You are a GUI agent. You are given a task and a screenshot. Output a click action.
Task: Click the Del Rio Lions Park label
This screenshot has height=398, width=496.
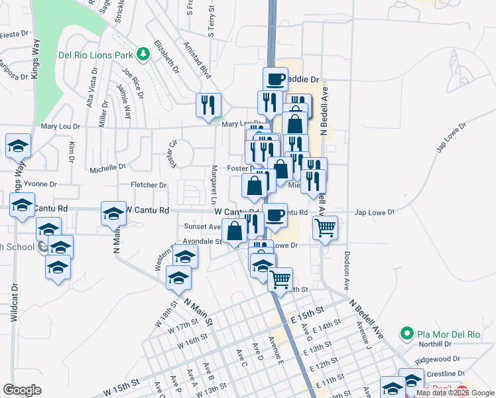(96, 54)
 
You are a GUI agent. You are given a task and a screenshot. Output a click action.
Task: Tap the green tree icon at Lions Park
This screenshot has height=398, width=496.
(143, 53)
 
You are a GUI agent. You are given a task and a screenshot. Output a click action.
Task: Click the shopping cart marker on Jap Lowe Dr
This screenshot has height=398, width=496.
(325, 228)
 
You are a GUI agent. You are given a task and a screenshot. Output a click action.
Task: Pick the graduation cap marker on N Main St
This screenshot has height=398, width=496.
(113, 215)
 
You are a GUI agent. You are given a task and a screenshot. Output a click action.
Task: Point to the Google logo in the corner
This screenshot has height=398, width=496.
(23, 390)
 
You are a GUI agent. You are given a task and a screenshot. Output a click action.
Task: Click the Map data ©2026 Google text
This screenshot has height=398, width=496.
(456, 393)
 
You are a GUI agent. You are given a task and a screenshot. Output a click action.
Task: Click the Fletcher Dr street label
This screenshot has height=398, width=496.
(148, 185)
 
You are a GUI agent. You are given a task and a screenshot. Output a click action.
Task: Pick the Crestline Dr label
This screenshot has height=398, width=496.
(440, 374)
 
